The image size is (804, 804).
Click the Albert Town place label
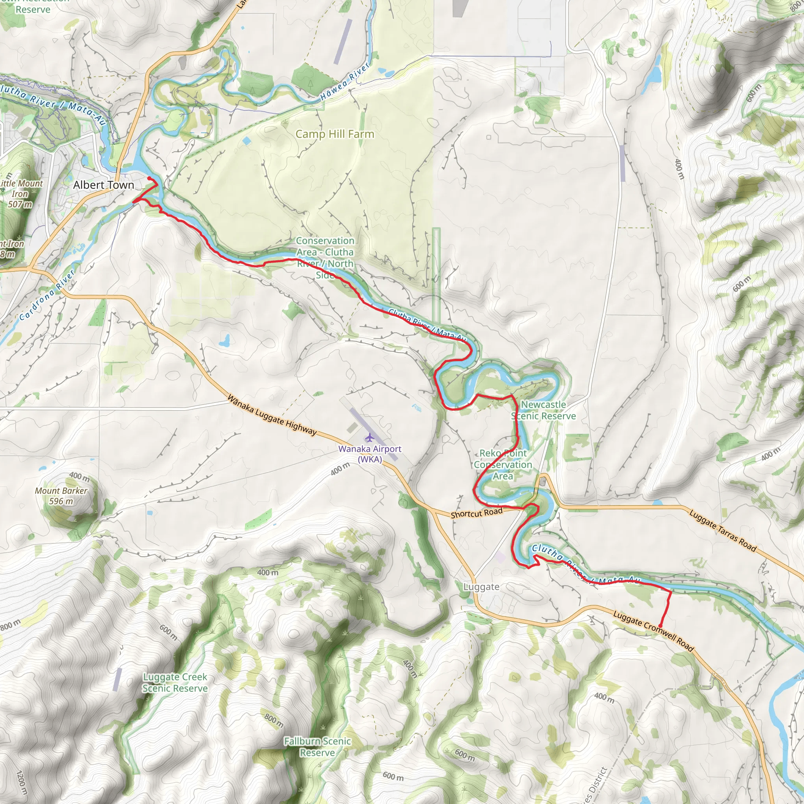(x=104, y=185)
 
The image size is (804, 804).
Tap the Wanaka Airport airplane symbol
(x=369, y=437)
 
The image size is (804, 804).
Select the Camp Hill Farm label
(x=334, y=134)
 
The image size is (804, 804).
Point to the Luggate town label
(x=481, y=587)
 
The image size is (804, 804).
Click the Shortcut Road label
(x=477, y=513)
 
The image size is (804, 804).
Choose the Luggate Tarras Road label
(x=722, y=531)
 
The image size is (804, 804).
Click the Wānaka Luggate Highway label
(x=272, y=415)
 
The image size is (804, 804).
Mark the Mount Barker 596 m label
(x=61, y=496)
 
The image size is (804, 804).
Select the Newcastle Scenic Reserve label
(x=543, y=410)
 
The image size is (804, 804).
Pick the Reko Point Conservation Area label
(x=503, y=464)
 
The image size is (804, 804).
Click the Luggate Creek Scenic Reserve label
(x=175, y=682)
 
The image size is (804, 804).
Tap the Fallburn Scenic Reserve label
(x=318, y=747)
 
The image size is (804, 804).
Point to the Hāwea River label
(x=345, y=82)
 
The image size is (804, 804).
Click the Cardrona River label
(x=47, y=295)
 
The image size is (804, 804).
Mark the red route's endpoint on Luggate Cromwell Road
(x=660, y=626)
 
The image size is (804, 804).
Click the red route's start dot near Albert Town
(x=149, y=179)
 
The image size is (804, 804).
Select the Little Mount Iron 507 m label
(x=21, y=194)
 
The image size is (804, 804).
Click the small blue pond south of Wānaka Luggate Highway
(x=225, y=342)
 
